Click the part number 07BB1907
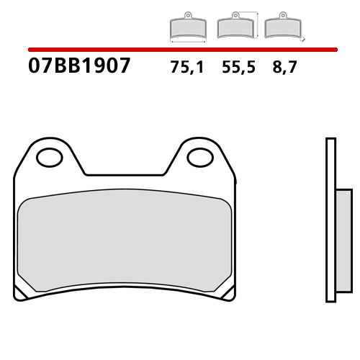[80, 68]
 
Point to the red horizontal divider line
[180, 50]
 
